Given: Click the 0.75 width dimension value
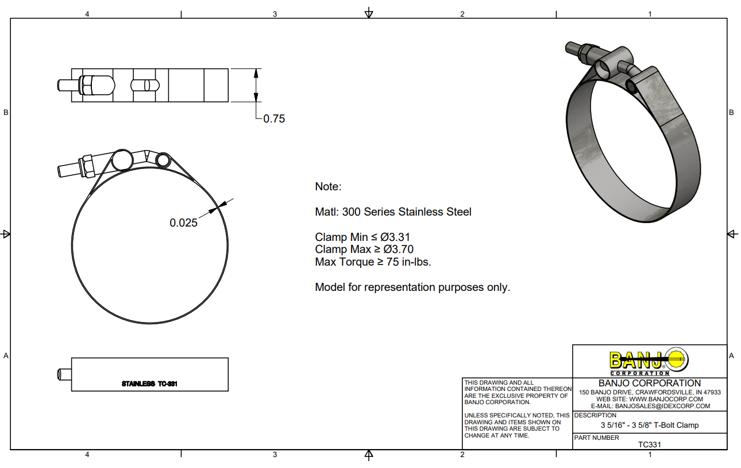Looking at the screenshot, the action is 274,118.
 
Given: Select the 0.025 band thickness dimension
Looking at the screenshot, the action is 183,223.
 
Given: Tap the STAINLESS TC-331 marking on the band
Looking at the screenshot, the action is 149,383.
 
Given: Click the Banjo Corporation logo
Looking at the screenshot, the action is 649,361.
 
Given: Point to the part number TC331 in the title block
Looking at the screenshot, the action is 649,444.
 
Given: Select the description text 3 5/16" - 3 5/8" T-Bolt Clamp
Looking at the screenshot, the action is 650,425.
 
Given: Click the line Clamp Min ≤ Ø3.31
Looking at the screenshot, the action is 362,237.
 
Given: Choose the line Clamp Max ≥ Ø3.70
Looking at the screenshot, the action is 364,249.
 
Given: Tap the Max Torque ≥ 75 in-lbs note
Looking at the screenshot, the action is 373,262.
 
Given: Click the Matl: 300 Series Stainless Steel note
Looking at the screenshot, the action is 393,212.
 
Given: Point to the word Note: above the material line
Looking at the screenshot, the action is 328,186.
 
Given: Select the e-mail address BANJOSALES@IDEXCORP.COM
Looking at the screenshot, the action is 662,406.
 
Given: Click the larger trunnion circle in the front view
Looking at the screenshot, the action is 122,160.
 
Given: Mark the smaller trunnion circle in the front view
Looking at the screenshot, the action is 163,160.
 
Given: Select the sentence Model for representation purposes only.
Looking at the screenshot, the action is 412,287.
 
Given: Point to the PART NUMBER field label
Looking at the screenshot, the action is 596,438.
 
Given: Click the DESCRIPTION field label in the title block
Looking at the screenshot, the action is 595,415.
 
